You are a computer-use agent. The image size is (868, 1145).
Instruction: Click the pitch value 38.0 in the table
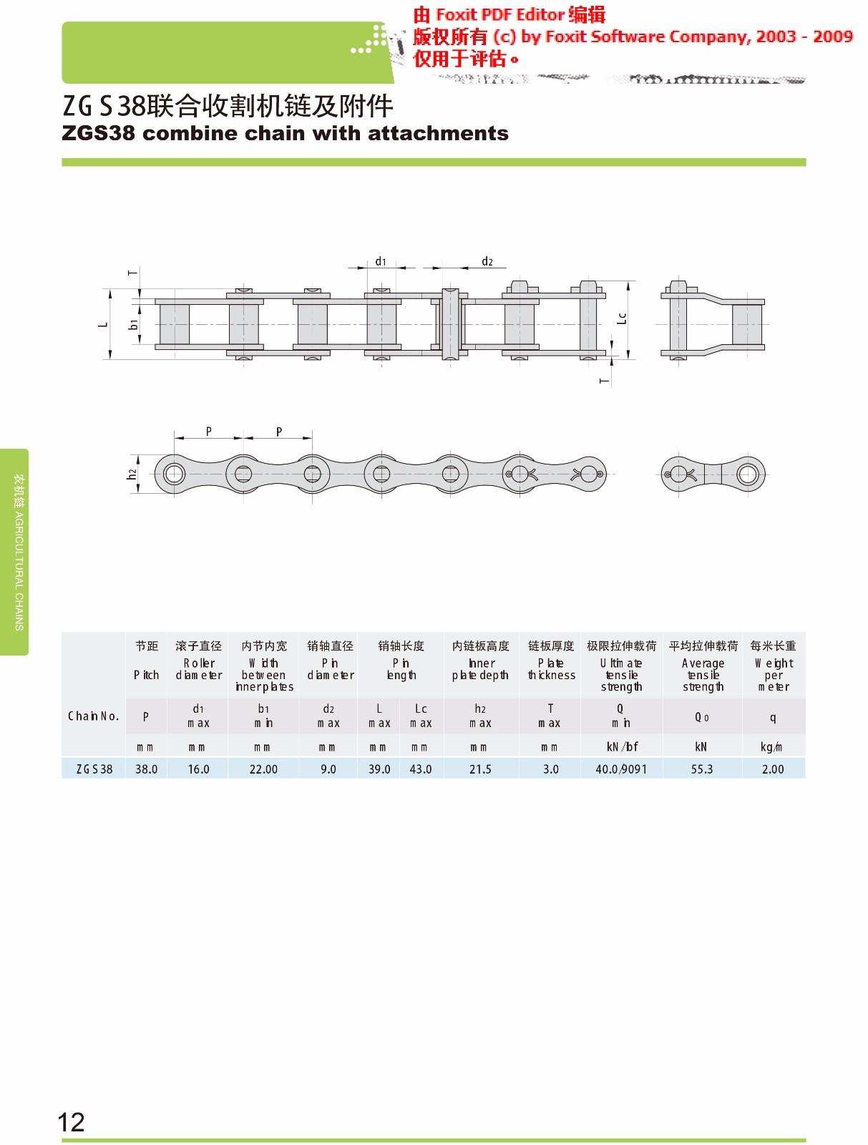(146, 769)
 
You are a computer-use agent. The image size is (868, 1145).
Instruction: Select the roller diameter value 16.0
(198, 769)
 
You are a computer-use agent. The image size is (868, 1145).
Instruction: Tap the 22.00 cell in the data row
(263, 769)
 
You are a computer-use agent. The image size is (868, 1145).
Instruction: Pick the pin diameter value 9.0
(328, 769)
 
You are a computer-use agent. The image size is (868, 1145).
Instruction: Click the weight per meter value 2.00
(773, 769)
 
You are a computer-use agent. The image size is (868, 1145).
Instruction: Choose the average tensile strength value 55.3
(701, 769)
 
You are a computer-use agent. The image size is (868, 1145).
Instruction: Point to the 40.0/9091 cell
(620, 769)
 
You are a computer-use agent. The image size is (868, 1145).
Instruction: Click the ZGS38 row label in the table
(94, 769)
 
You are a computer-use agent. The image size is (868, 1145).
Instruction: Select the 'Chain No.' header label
(93, 716)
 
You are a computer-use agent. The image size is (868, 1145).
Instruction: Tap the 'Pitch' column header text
(146, 675)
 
